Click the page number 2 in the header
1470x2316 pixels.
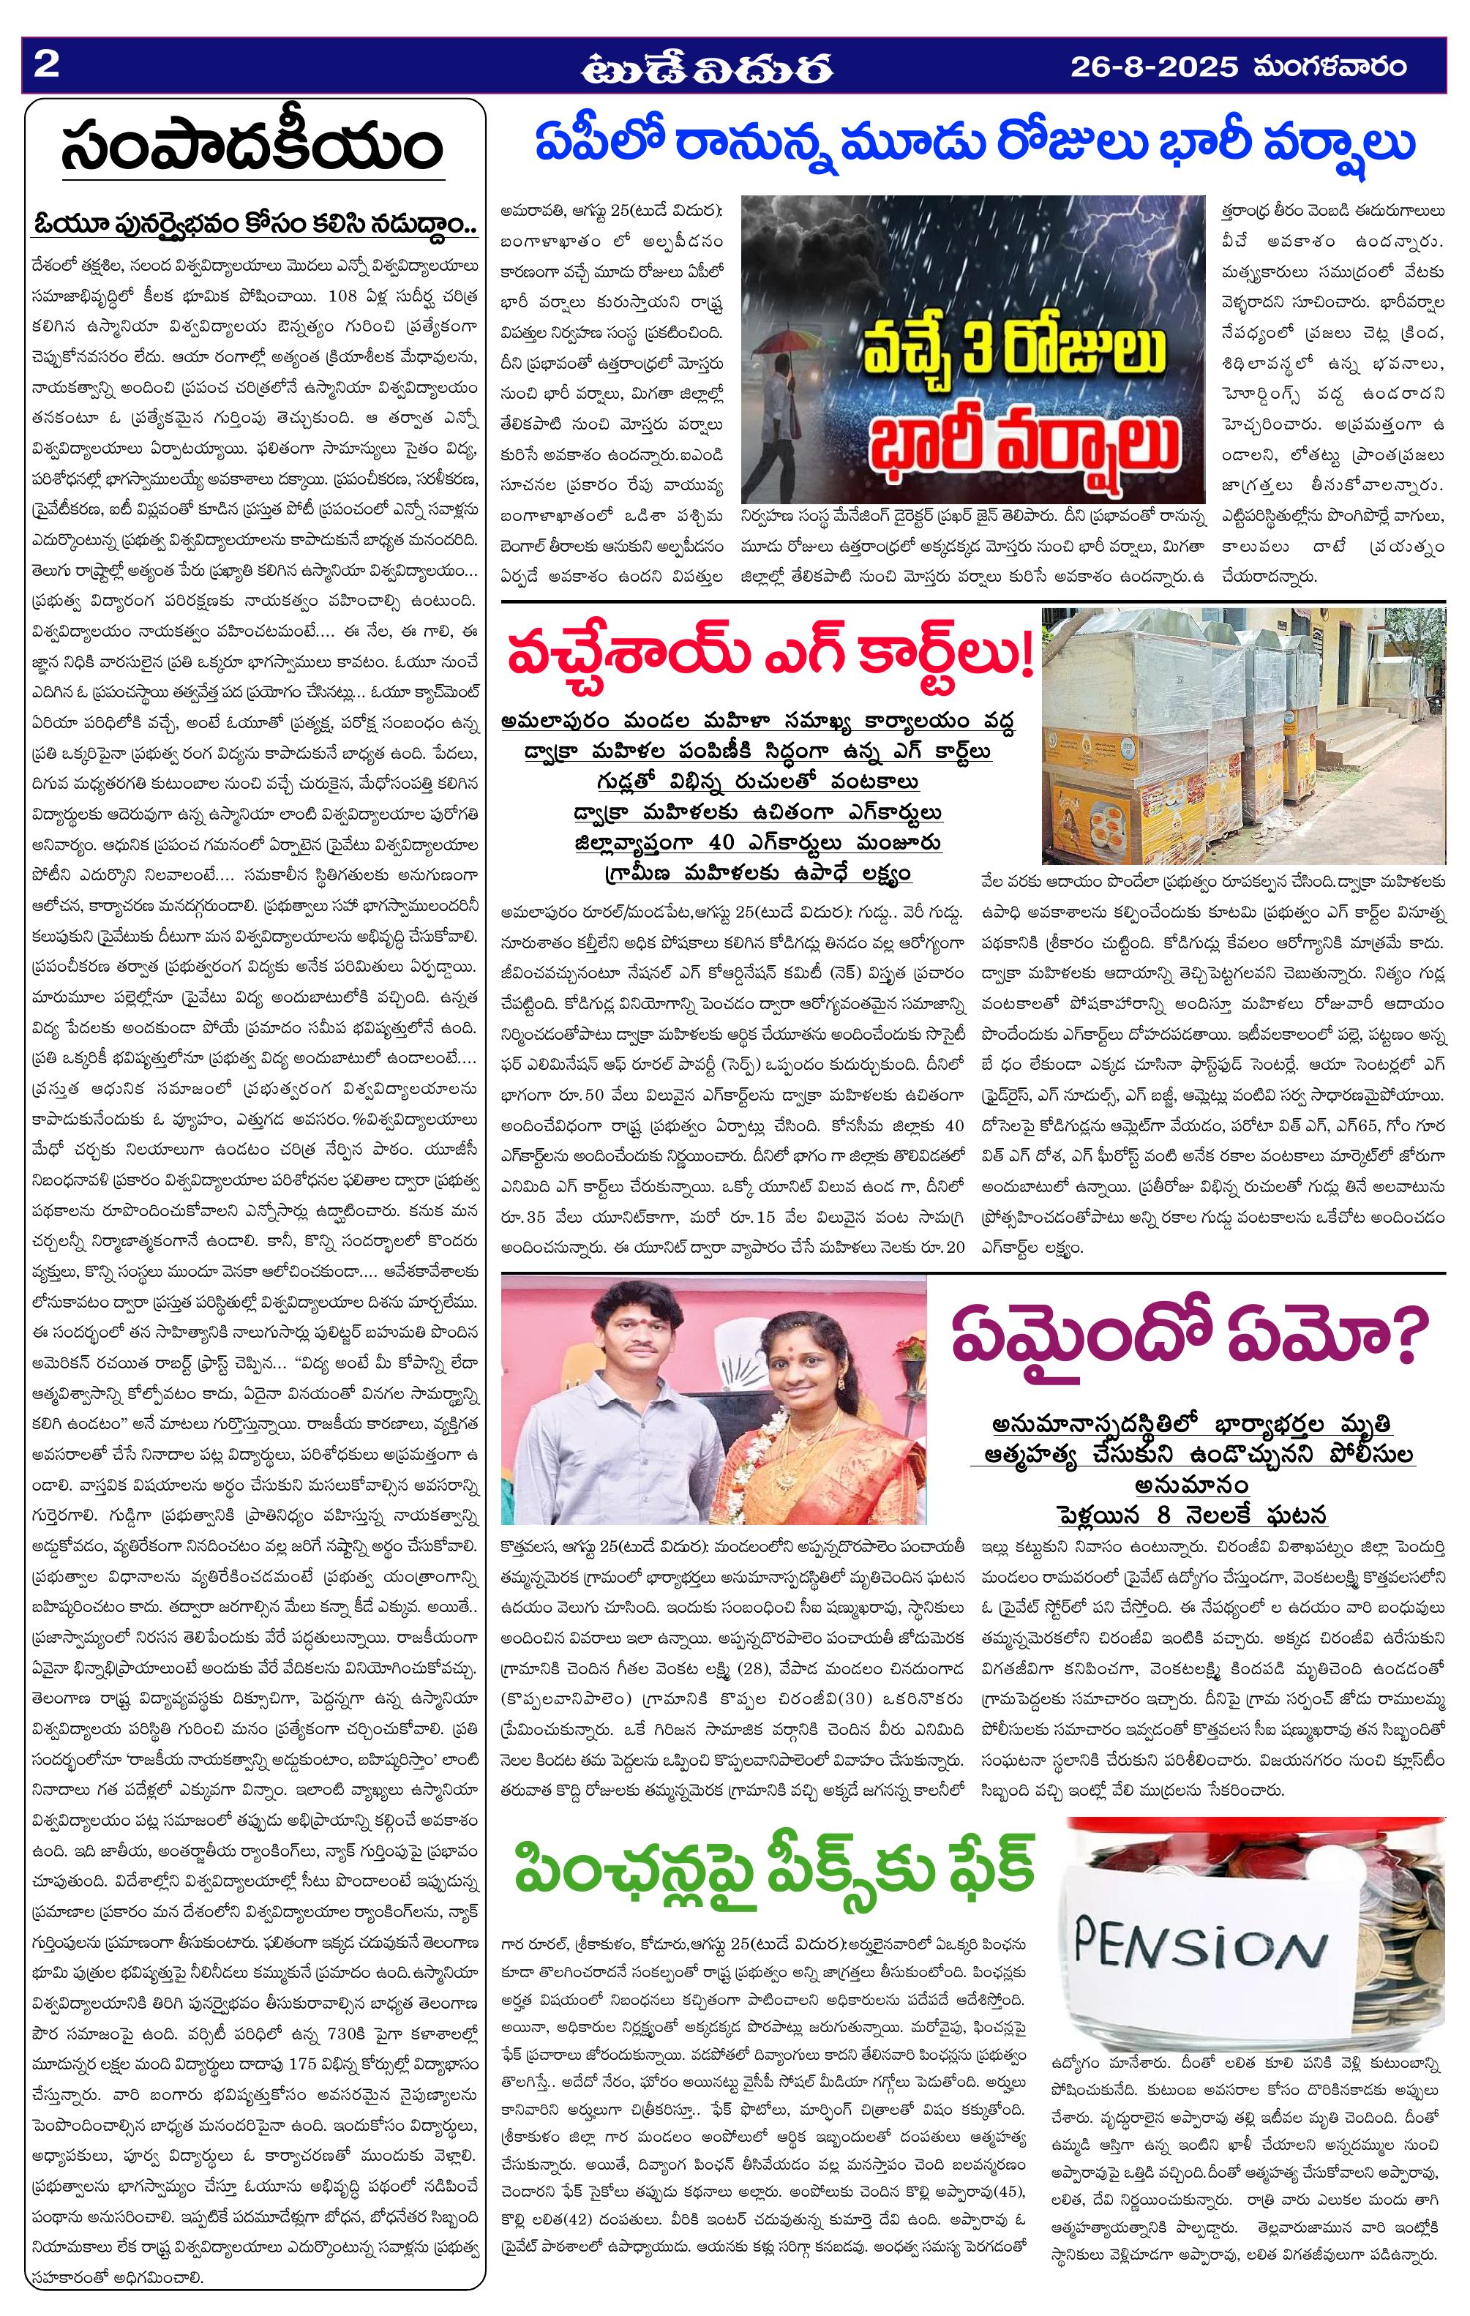46,67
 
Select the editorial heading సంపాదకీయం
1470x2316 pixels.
252,146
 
